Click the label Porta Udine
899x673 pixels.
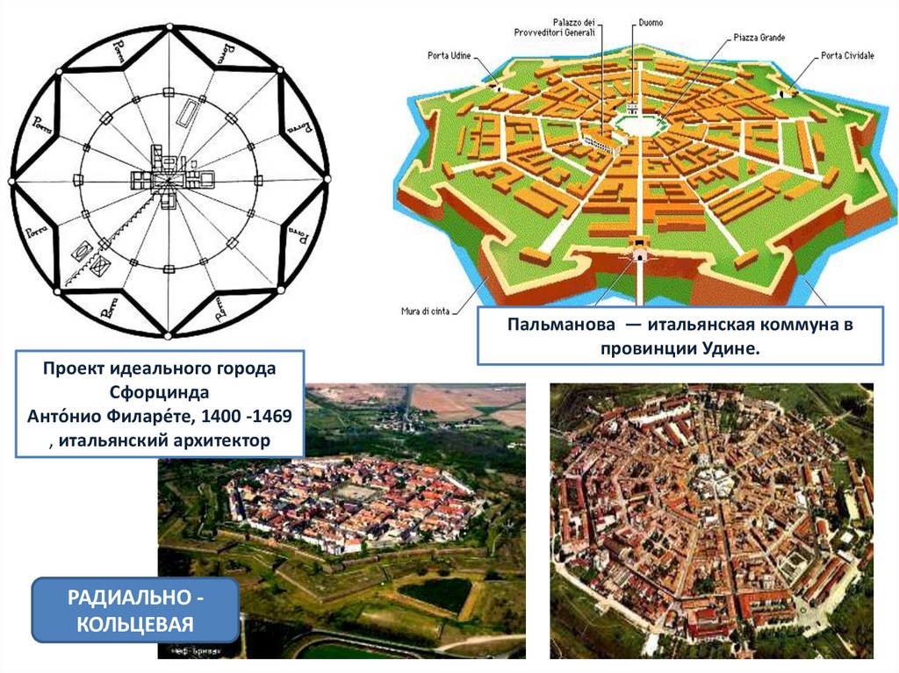449,56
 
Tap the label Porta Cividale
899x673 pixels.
847,56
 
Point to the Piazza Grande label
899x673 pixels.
759,39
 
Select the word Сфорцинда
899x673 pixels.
160,391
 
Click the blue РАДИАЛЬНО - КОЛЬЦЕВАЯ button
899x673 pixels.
135,610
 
